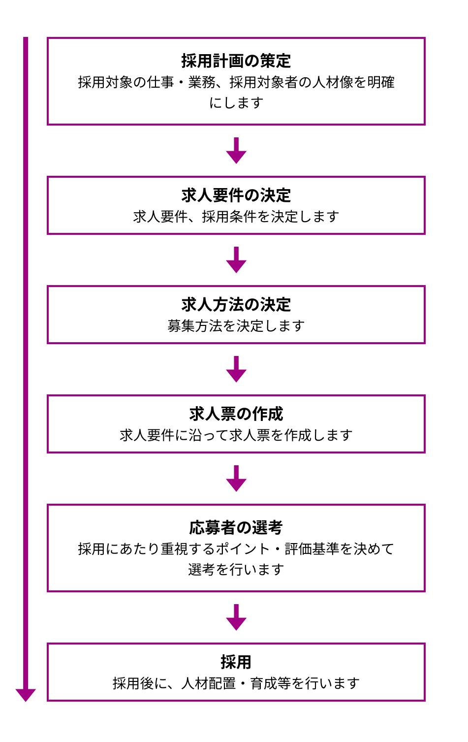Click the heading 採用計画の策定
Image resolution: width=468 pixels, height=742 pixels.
236,61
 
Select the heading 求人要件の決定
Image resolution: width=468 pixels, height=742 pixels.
236,195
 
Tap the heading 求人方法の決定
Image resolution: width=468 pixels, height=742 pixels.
236,305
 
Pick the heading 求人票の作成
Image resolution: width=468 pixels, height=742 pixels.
236,414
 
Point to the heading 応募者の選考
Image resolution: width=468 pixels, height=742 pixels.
236,528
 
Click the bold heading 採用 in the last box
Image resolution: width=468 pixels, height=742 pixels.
236,662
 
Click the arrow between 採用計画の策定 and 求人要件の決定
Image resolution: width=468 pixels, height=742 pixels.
236,151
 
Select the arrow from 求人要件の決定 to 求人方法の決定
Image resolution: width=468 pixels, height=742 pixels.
236,260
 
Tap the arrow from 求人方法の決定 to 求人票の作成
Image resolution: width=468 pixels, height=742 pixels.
236,369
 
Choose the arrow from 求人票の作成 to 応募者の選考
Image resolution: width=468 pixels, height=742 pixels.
236,479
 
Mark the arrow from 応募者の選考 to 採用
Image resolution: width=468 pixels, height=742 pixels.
236,617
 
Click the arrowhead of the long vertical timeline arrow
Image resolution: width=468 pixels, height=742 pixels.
26,695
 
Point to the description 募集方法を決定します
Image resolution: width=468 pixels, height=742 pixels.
236,326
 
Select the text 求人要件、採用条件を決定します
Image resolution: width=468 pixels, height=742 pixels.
236,217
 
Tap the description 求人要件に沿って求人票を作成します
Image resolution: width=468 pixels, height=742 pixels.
236,435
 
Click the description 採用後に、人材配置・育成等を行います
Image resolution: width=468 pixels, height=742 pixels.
236,683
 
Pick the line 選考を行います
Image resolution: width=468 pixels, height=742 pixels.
236,570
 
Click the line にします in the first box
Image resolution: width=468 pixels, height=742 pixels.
236,103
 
